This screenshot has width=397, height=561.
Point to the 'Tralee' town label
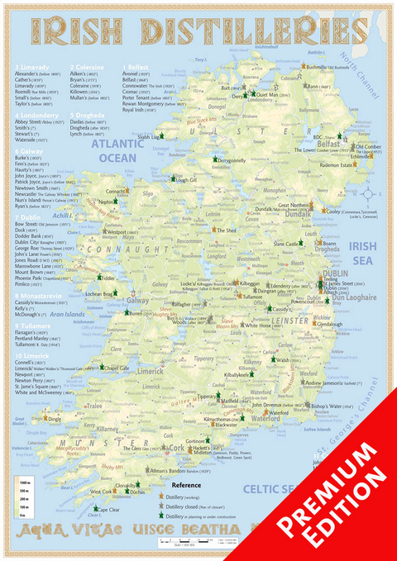pyautogui.click(x=92, y=406)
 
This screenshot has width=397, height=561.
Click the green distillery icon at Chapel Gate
pyautogui.click(x=101, y=368)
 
